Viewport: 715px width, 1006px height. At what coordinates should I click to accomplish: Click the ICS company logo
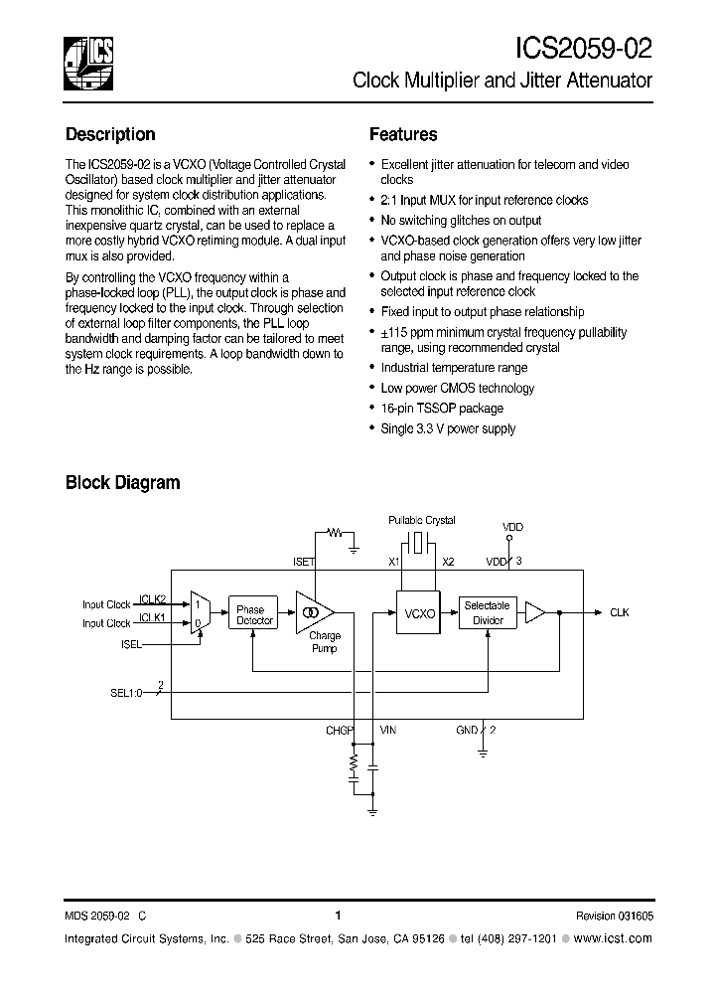coord(88,61)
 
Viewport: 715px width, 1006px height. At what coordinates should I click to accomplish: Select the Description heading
coord(110,134)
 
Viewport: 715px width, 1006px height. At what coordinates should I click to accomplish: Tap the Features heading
coord(403,134)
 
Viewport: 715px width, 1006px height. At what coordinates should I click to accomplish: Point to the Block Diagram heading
coord(122,483)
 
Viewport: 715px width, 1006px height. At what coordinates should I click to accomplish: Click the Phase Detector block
coord(254,615)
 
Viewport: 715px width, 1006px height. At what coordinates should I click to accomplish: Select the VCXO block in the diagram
coord(420,615)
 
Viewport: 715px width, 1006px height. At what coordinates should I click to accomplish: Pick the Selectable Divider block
coord(488,613)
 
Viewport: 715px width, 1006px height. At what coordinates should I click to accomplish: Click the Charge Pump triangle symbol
coord(313,613)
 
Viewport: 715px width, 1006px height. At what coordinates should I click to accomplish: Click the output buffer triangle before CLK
coord(534,613)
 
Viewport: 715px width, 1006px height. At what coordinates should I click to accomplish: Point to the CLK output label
coord(620,613)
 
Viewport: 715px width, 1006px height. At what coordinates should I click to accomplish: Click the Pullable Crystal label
coord(421,521)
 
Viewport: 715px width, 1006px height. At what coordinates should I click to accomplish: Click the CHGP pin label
coord(340,731)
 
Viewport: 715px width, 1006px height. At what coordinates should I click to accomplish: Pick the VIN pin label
coord(387,731)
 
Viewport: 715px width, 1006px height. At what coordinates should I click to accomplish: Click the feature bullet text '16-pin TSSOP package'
coord(442,409)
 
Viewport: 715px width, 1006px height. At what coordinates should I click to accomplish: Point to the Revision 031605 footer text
coord(614,917)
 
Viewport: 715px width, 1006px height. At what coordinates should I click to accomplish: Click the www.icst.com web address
coord(613,939)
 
